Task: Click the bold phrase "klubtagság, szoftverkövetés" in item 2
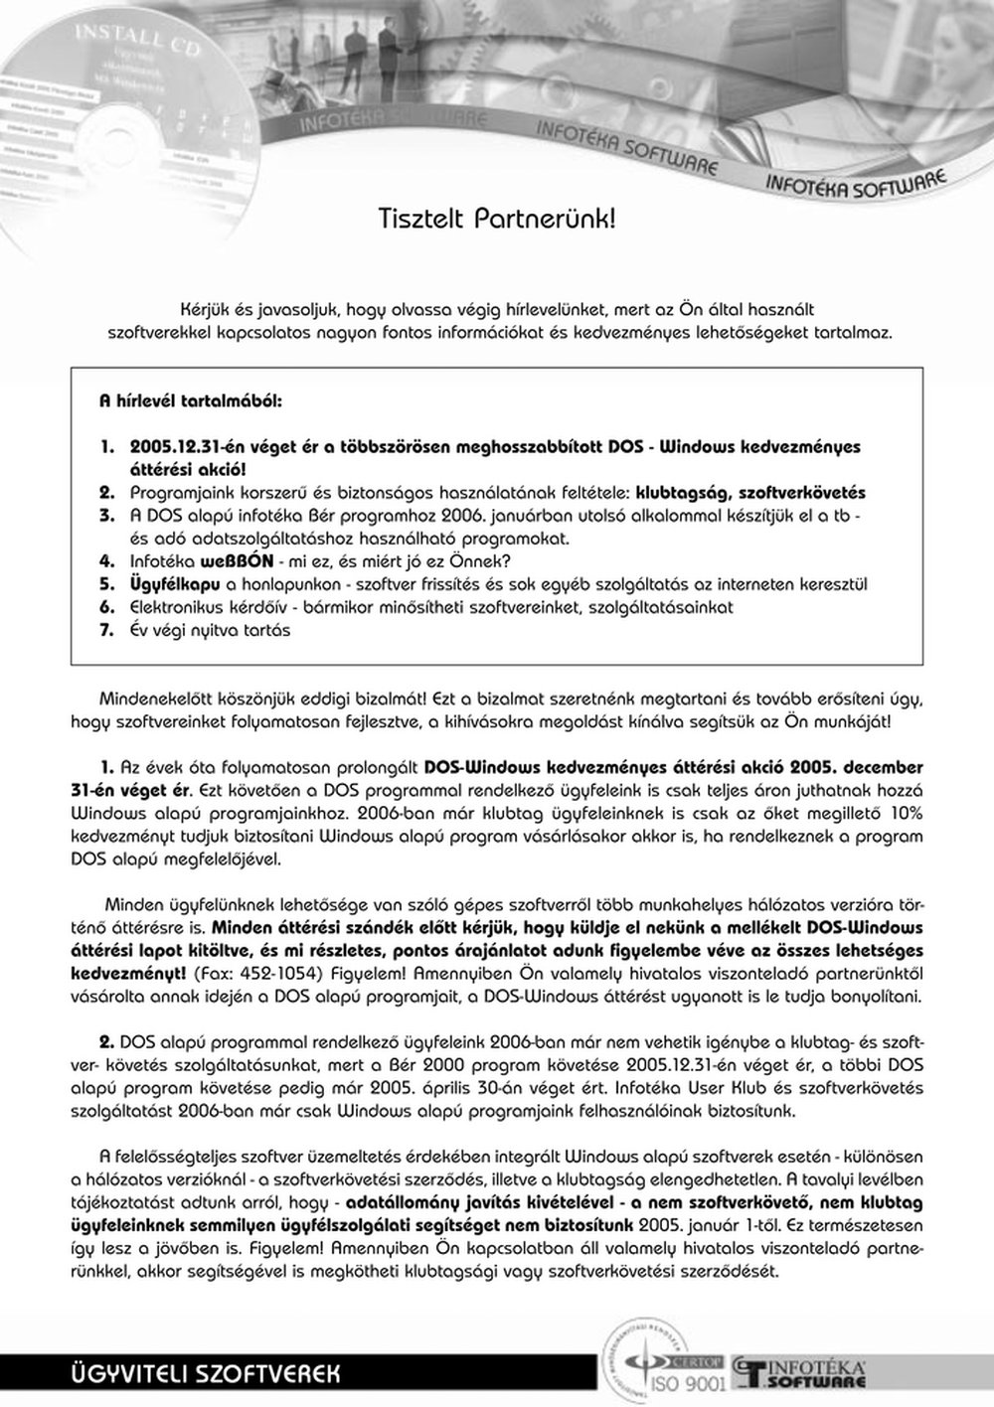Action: click(750, 493)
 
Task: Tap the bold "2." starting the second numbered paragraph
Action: click(106, 1041)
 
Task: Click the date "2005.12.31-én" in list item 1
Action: click(185, 447)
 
